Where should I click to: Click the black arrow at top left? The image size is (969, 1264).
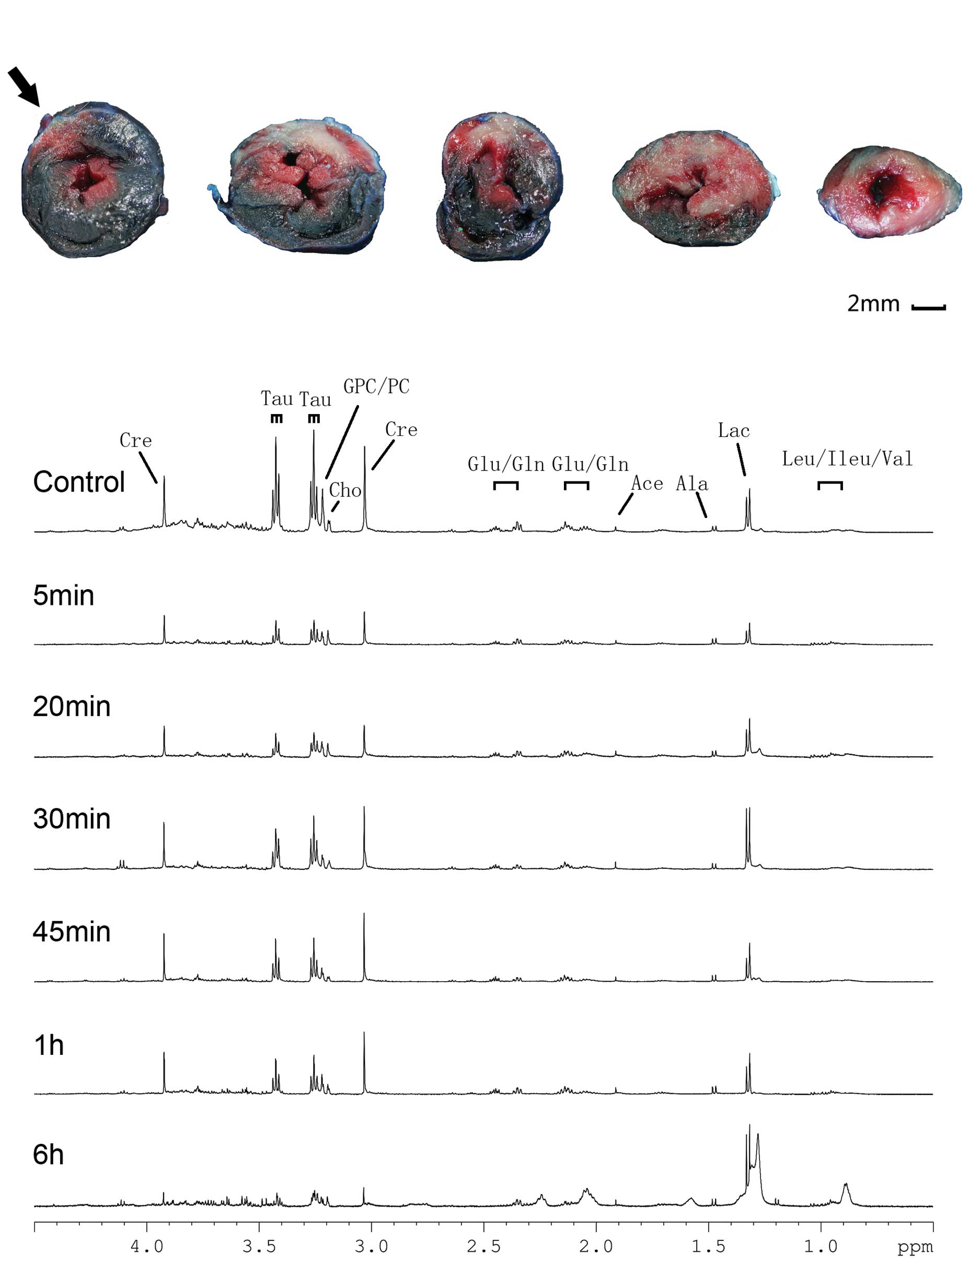pos(24,86)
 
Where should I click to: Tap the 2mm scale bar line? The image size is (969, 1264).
pos(928,308)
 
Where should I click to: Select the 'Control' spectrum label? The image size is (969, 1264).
pos(79,482)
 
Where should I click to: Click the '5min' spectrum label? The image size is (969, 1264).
pos(63,595)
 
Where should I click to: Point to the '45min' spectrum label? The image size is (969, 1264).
pos(72,932)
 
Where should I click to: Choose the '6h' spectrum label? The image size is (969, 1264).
pos(49,1154)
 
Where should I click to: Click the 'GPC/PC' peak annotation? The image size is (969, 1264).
pos(376,386)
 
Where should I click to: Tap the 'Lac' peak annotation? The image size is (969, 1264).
pos(734,430)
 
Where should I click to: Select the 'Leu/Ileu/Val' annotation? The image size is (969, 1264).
pos(847,459)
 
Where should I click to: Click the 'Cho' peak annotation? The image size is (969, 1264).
pos(345,490)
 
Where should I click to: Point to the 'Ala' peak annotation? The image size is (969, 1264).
pos(691,484)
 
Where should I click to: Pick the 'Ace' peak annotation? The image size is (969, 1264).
pos(647,484)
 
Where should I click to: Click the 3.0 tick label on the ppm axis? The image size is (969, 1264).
pos(371,1246)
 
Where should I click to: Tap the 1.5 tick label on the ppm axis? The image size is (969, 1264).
pos(708,1246)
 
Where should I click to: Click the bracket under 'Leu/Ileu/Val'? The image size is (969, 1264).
pos(830,485)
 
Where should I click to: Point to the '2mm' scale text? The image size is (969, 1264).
pos(873,303)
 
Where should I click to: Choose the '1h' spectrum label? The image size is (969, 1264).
pos(49,1045)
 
